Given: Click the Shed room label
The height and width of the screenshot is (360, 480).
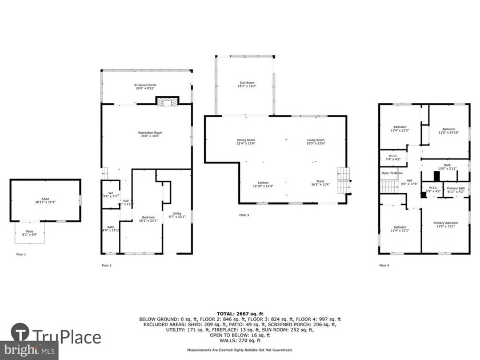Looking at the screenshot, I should (x=45, y=201).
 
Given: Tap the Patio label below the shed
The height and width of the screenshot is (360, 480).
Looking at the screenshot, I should (x=30, y=233).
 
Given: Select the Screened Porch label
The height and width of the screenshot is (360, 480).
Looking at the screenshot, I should (x=146, y=87).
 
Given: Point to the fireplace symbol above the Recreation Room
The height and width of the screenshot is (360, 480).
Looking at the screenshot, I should (x=167, y=102).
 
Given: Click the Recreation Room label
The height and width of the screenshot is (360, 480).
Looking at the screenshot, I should (x=146, y=134).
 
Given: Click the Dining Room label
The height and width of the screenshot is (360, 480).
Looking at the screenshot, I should (x=246, y=142).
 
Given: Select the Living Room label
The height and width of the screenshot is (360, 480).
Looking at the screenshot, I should (x=315, y=142).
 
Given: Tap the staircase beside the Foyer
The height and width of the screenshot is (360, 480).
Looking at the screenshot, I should (x=343, y=182).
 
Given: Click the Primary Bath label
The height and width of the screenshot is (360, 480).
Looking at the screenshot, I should (x=455, y=189).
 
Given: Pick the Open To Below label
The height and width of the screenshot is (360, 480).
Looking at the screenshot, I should (x=392, y=173).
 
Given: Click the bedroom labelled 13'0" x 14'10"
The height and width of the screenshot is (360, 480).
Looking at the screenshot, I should (x=447, y=131).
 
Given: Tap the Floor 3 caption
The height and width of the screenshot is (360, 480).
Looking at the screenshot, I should (x=244, y=215).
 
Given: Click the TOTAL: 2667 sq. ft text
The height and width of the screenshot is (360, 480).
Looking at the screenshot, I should (x=240, y=314).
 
